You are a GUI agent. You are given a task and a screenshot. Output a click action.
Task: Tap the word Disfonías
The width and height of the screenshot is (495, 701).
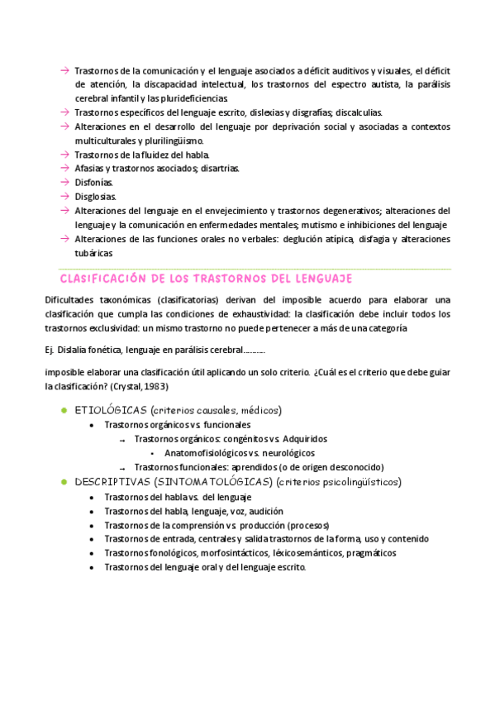pyautogui.click(x=93, y=182)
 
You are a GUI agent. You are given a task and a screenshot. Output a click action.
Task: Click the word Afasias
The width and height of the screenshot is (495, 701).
pyautogui.click(x=90, y=168)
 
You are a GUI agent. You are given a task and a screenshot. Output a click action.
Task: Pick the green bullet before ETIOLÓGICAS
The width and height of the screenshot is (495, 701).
pyautogui.click(x=64, y=410)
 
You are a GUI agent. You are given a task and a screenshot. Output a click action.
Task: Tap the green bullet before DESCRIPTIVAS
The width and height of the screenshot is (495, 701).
pyautogui.click(x=64, y=481)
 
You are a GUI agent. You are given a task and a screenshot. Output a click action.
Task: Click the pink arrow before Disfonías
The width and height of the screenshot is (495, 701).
pyautogui.click(x=64, y=182)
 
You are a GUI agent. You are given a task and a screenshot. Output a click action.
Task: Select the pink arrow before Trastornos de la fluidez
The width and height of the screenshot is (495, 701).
pyautogui.click(x=64, y=154)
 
